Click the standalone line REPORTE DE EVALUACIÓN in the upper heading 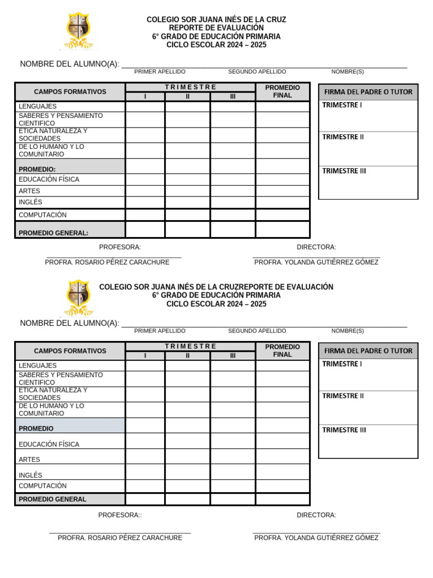pyautogui.click(x=216, y=28)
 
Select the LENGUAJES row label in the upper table pyautogui.click(x=38, y=107)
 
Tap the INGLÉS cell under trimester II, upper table pyautogui.click(x=188, y=202)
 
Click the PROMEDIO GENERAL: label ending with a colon pyautogui.click(x=54, y=233)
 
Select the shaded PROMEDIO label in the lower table pyautogui.click(x=36, y=428)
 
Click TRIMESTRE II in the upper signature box pyautogui.click(x=343, y=137)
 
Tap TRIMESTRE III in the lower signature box pyautogui.click(x=344, y=430)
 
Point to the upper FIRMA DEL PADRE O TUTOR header pyautogui.click(x=368, y=92)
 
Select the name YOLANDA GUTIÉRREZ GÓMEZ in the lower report pyautogui.click(x=316, y=538)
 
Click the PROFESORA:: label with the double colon pyautogui.click(x=120, y=515)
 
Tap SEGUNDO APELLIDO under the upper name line pyautogui.click(x=257, y=72)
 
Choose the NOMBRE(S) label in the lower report pyautogui.click(x=347, y=331)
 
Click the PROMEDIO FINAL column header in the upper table pyautogui.click(x=282, y=91)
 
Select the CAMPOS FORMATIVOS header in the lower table pyautogui.click(x=70, y=351)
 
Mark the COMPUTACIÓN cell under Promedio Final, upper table pyautogui.click(x=282, y=214)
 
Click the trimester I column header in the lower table pyautogui.click(x=145, y=356)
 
